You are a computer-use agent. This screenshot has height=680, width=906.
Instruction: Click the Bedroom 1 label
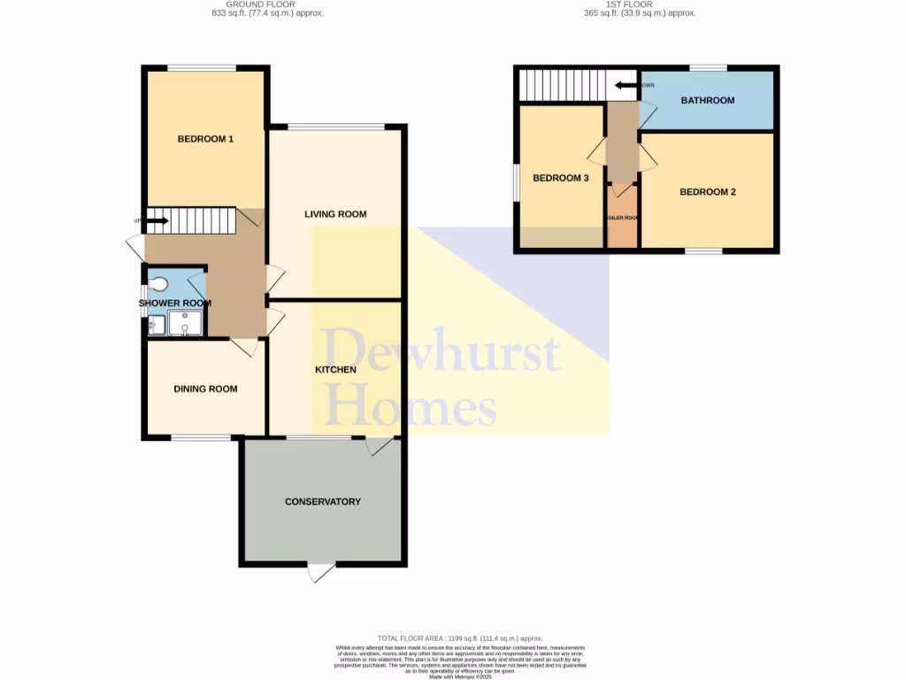[x=205, y=139]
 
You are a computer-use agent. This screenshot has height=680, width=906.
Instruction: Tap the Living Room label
[x=335, y=214]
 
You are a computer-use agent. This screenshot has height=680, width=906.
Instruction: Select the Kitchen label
[x=335, y=369]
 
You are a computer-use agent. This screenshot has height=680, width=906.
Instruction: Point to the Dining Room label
[x=205, y=389]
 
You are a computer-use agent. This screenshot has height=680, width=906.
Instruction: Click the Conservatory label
[x=323, y=502]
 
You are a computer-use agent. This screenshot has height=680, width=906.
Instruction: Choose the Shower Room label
[x=175, y=303]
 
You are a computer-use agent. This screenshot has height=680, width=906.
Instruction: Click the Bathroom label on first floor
[x=707, y=100]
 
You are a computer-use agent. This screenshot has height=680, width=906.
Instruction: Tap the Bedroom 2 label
[x=708, y=192]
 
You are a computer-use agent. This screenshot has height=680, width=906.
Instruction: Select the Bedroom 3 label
[x=560, y=178]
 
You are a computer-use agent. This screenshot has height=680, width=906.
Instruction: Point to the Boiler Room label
[x=622, y=218]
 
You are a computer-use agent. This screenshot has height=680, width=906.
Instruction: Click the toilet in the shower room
[x=158, y=284]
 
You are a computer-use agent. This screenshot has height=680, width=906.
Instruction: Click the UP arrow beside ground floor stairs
[x=156, y=220]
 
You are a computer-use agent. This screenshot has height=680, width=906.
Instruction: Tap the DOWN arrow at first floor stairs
[x=628, y=85]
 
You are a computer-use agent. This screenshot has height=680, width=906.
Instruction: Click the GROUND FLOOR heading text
[x=261, y=4]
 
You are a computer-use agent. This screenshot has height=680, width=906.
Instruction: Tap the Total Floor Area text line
[x=460, y=638]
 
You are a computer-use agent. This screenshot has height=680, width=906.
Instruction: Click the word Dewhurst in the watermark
[x=441, y=352]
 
